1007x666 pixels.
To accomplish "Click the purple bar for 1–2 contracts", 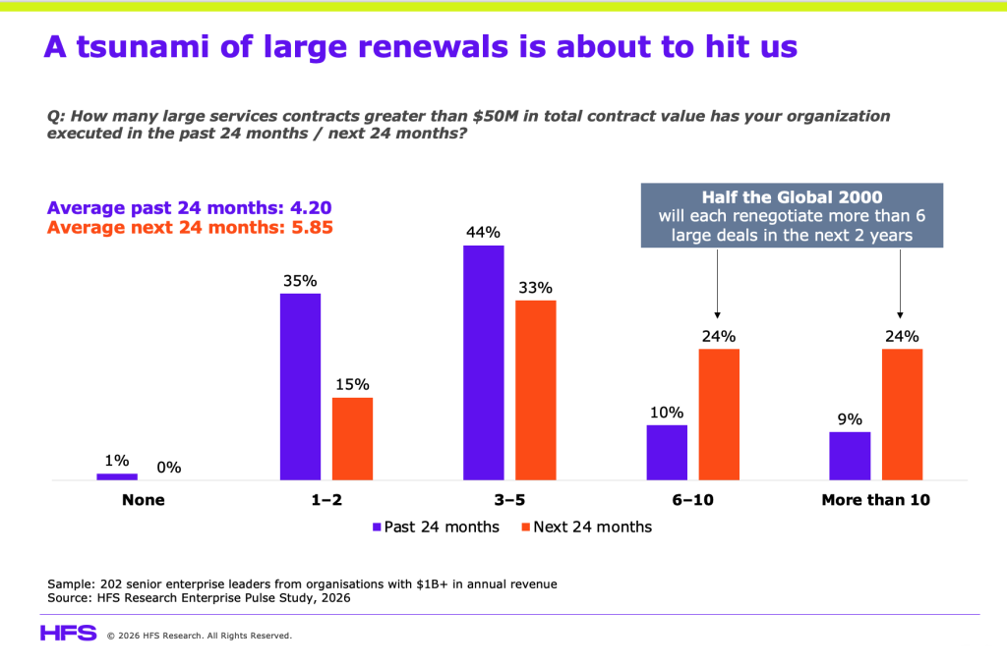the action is [300, 387].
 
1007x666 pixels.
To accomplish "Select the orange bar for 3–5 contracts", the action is [536, 390].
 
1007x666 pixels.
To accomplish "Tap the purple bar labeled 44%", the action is [484, 362].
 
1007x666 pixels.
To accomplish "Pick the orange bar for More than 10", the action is [903, 415].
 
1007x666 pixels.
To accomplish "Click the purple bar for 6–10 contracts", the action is [667, 452].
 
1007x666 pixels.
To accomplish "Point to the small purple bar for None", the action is [117, 476].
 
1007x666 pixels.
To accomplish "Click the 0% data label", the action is [169, 468].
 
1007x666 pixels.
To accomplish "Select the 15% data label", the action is [353, 384].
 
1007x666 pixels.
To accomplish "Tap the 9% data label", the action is [850, 419].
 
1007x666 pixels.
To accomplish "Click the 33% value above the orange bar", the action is [536, 288].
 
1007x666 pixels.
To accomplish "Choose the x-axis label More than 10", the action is [876, 500].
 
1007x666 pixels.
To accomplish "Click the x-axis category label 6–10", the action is [693, 500].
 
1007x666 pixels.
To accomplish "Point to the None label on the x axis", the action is [144, 500].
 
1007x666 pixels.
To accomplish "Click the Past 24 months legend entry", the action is [436, 527].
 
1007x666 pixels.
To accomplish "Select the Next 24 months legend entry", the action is [587, 527].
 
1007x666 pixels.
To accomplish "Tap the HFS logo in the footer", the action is [69, 634].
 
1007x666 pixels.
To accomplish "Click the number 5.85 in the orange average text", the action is [312, 228].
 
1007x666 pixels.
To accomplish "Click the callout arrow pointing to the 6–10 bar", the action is [717, 284].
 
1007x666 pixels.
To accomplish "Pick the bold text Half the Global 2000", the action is [792, 197].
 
